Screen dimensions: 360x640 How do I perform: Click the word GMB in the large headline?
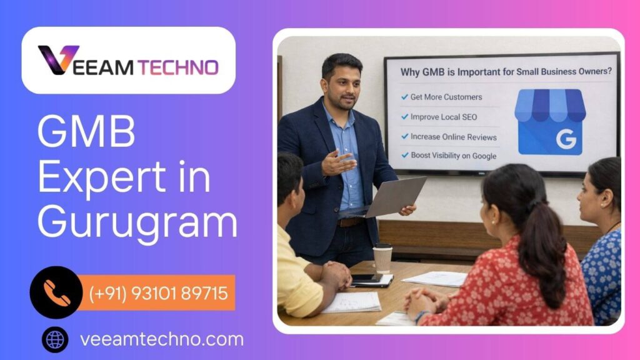coord(86,132)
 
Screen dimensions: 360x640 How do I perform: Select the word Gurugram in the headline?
coord(137,223)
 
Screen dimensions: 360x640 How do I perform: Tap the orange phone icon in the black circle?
coord(56,292)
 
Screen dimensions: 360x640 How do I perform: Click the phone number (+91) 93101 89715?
coord(159,292)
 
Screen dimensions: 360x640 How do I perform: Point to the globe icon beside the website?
coord(55,340)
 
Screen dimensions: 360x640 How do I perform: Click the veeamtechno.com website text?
coord(162,340)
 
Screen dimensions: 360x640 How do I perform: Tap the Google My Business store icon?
coord(550,121)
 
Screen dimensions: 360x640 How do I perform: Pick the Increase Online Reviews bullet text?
coord(454,137)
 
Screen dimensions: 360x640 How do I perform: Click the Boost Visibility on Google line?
coord(454,156)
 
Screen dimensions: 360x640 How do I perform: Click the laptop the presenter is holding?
coord(394,197)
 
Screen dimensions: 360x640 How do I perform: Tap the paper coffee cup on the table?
coord(382,257)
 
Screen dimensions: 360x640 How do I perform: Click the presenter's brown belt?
coord(350,221)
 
